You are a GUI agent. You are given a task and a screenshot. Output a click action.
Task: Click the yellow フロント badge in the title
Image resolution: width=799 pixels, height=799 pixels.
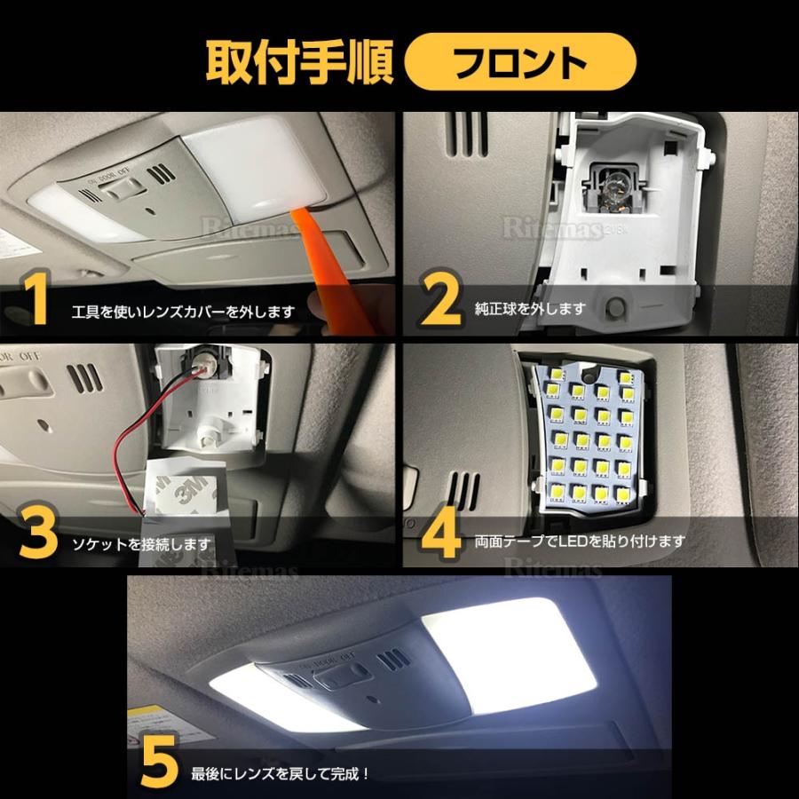tap(520, 64)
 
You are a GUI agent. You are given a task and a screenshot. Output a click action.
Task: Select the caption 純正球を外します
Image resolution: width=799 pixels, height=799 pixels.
tap(530, 310)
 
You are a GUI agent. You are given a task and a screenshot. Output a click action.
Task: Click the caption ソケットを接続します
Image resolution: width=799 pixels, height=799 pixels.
tap(142, 543)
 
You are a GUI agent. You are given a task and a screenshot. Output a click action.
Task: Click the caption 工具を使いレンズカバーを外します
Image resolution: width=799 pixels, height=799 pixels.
tap(183, 312)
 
